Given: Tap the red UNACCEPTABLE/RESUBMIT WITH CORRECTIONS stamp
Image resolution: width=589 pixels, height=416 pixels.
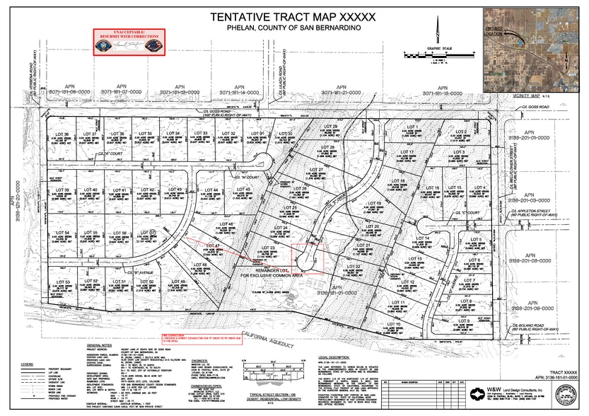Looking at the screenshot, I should click(x=129, y=41).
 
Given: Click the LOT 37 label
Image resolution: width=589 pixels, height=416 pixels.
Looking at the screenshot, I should click(x=91, y=134).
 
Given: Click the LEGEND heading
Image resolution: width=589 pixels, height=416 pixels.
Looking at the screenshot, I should click(x=27, y=363).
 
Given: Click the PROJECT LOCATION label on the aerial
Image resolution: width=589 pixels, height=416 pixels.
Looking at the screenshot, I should click(x=495, y=30).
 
